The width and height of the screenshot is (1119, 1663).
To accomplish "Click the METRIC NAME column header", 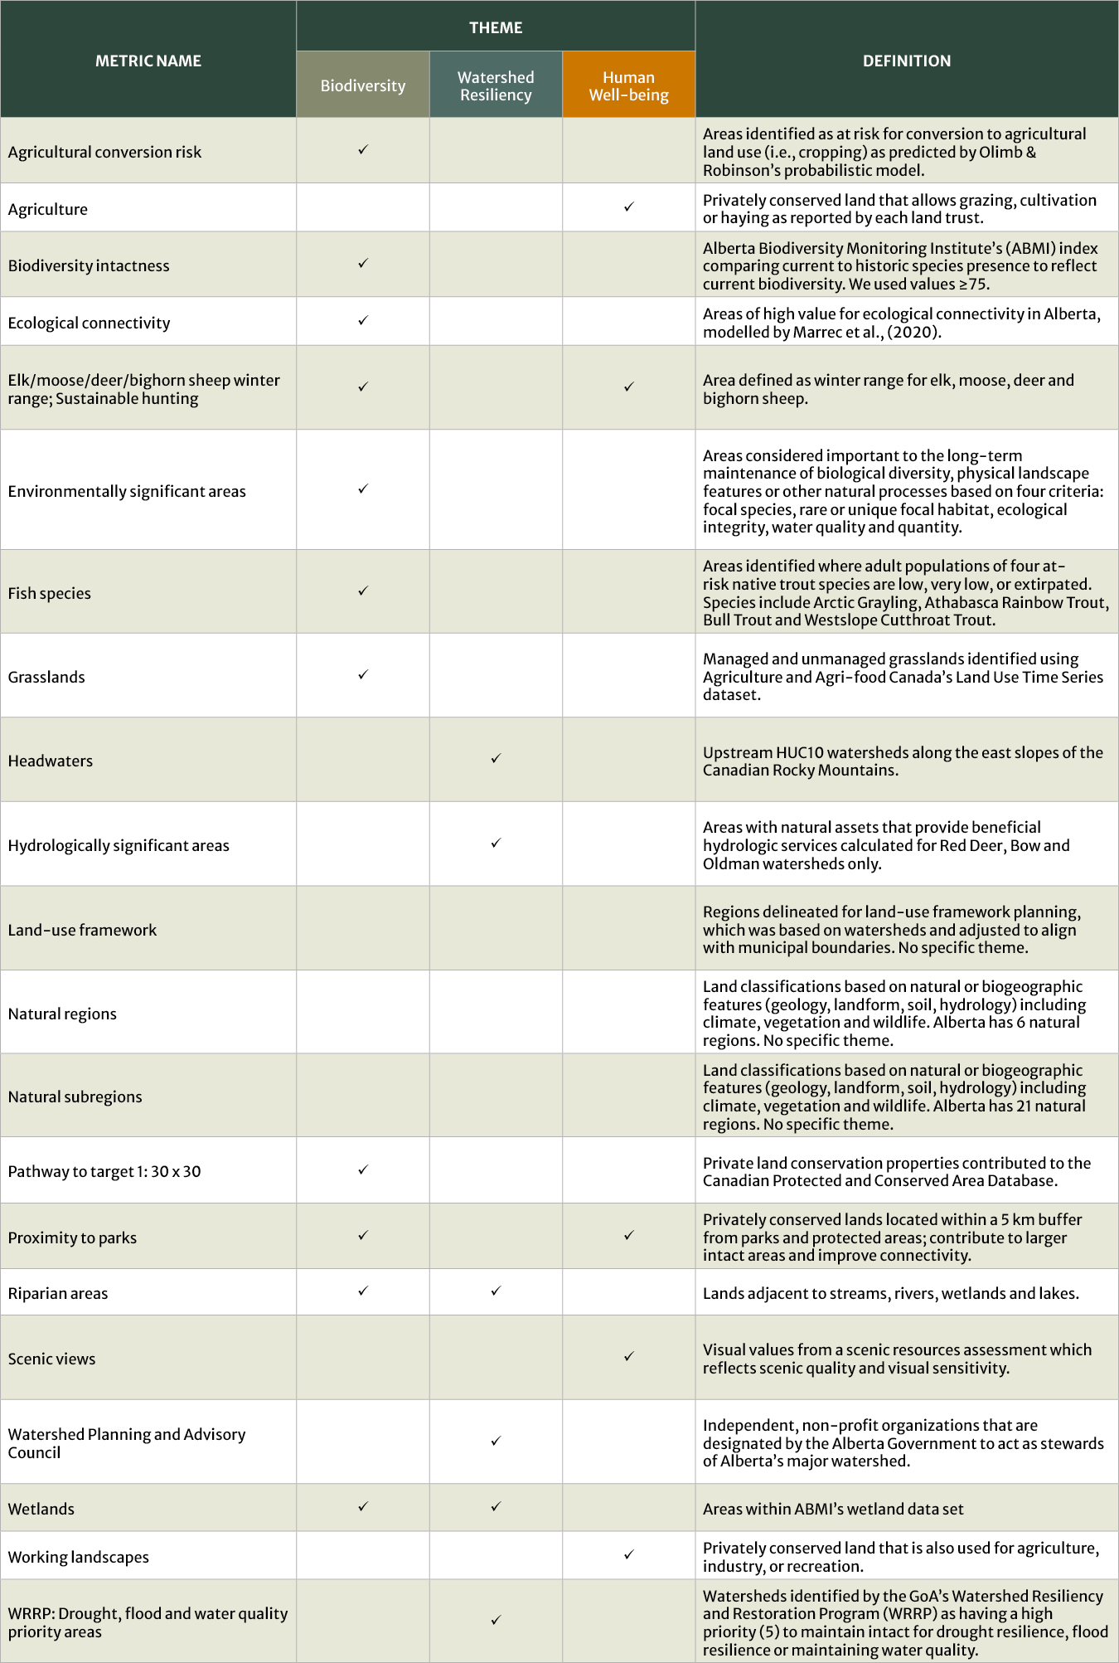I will click(148, 61).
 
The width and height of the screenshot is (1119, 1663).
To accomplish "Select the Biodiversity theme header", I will click(362, 85).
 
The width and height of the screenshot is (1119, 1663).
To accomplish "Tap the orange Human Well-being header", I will click(628, 85).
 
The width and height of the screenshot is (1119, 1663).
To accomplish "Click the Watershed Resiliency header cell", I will click(496, 85).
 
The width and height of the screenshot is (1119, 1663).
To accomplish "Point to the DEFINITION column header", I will click(906, 61).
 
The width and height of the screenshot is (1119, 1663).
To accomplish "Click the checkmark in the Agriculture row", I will click(628, 207).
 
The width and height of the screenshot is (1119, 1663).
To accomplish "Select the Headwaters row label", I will click(51, 761).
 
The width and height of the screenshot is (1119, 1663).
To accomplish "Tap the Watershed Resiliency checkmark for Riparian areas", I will click(496, 1291).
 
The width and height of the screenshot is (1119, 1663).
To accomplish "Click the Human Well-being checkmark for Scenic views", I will click(628, 1356).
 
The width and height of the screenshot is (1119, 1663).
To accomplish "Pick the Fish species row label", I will click(50, 593).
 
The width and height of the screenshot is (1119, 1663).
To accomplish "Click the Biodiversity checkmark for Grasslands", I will click(362, 674).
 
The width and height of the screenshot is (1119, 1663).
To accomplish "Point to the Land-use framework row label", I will click(82, 930).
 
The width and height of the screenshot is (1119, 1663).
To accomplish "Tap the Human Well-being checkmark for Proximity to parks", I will click(628, 1235).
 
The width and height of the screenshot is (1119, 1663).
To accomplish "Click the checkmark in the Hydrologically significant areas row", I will click(496, 843).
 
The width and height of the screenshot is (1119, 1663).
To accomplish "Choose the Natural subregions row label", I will click(75, 1097).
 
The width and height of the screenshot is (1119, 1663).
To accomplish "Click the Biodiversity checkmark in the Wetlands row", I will click(362, 1506).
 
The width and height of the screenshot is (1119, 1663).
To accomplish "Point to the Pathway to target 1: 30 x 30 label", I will click(104, 1171).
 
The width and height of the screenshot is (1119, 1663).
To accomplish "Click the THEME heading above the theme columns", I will click(496, 27).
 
